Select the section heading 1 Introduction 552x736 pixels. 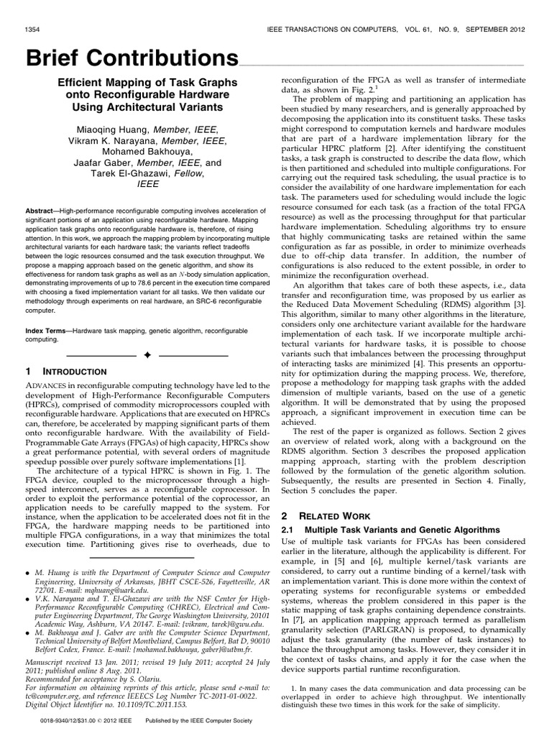click(x=66, y=372)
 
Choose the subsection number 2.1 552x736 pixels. click(x=288, y=509)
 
